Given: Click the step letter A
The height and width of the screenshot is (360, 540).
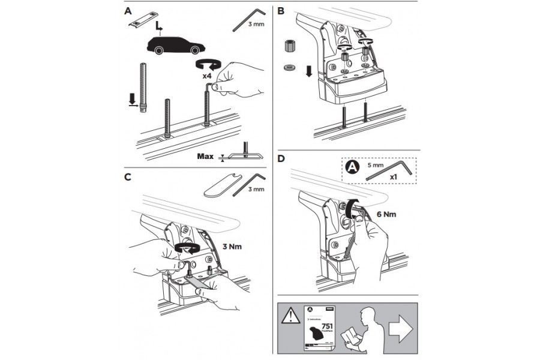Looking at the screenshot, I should [x=127, y=11].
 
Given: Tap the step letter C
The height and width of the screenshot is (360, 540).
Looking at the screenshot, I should [x=127, y=177].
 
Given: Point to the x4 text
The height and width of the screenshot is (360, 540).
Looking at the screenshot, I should [x=206, y=76].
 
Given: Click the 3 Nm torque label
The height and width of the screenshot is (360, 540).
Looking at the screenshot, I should [x=232, y=245].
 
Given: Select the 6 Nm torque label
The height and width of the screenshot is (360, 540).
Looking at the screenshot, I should [x=385, y=212].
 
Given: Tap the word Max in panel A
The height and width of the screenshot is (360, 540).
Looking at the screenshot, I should [x=206, y=157].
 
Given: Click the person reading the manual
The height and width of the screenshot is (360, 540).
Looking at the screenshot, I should [x=361, y=329].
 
